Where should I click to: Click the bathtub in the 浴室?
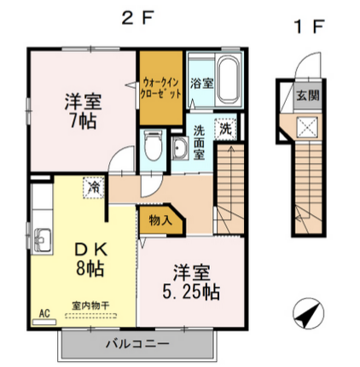(229, 79)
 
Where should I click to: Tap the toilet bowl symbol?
(153, 146)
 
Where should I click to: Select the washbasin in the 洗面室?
(180, 148)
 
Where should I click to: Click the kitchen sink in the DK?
(42, 240)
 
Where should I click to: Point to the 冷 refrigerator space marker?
(93, 188)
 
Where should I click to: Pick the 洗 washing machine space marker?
(225, 129)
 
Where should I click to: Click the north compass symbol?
(308, 313)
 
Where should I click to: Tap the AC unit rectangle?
(44, 322)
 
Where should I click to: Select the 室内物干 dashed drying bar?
(90, 316)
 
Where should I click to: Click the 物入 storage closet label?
(160, 220)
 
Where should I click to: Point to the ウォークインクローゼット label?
(161, 88)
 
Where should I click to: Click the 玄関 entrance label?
(308, 96)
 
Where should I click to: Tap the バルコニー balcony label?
(137, 344)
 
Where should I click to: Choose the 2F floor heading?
(137, 19)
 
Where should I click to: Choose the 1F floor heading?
(309, 26)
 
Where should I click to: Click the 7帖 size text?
(83, 121)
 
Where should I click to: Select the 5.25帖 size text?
(191, 291)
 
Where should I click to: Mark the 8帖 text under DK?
(90, 268)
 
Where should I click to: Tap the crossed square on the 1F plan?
(307, 127)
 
